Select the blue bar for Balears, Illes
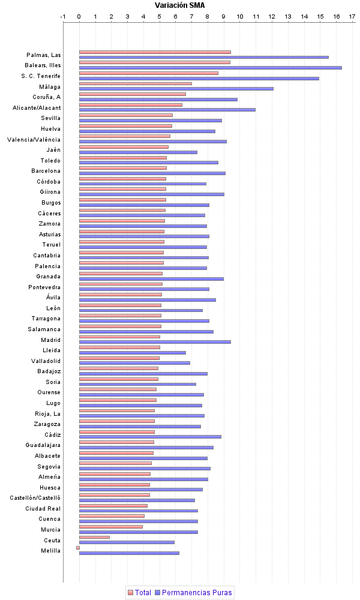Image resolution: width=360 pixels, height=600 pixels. pyautogui.click(x=210, y=68)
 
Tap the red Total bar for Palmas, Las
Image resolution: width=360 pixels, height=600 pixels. pyautogui.click(x=155, y=52)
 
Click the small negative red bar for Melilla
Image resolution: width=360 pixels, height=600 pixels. pyautogui.click(x=77, y=547)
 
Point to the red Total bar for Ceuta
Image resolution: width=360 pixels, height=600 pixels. pyautogui.click(x=94, y=537)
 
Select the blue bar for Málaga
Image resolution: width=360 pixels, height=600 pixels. pyautogui.click(x=176, y=89)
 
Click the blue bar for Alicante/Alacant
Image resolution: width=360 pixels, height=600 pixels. pyautogui.click(x=167, y=110)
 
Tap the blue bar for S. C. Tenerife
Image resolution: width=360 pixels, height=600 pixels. pyautogui.click(x=199, y=78)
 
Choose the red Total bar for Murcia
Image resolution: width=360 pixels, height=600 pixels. pyautogui.click(x=111, y=527)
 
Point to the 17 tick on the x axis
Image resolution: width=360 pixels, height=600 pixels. pyautogui.click(x=352, y=16)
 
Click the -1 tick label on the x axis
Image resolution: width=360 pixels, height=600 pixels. pyautogui.click(x=63, y=16)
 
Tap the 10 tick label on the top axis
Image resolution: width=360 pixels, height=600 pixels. pyautogui.click(x=240, y=16)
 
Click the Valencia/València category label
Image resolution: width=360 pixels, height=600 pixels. pyautogui.click(x=34, y=140)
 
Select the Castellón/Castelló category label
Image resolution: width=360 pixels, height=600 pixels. pyautogui.click(x=35, y=498)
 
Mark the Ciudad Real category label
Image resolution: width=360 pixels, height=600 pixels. pyautogui.click(x=43, y=508)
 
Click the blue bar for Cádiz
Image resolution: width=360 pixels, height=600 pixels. pyautogui.click(x=150, y=437)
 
